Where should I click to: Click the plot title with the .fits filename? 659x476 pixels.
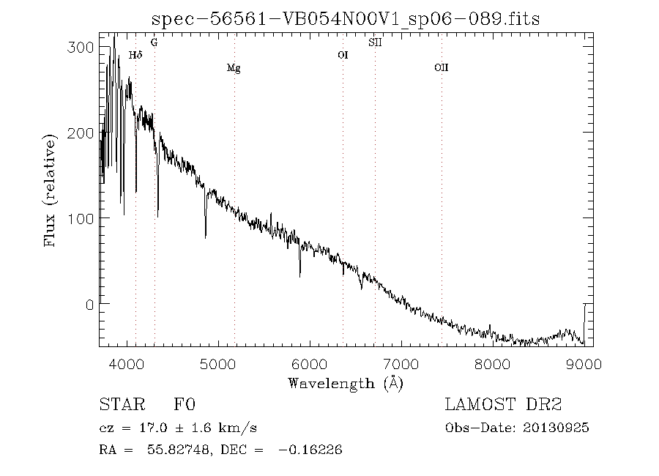click(x=346, y=18)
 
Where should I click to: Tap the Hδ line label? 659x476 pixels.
click(x=135, y=55)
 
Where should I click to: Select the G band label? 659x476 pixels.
click(x=154, y=42)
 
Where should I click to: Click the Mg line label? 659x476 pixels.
click(x=234, y=68)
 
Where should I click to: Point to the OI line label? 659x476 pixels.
click(x=343, y=55)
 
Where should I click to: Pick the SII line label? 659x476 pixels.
click(x=375, y=42)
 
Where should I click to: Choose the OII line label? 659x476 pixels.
click(x=442, y=67)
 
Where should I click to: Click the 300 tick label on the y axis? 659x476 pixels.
click(x=81, y=47)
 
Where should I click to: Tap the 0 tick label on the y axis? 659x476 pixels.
click(x=89, y=304)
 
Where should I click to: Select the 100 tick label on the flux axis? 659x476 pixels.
click(x=81, y=218)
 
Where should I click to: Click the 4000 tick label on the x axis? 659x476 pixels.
click(x=127, y=364)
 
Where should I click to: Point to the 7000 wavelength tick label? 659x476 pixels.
click(x=401, y=364)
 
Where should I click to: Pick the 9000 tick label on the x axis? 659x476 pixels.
click(x=584, y=364)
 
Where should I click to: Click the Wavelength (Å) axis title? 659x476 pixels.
click(x=346, y=384)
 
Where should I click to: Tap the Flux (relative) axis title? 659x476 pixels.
click(x=49, y=190)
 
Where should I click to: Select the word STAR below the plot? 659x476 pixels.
click(x=122, y=404)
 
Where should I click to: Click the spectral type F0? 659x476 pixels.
click(x=185, y=404)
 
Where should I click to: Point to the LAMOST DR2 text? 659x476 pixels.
click(x=504, y=404)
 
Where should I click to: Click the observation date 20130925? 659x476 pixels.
click(x=556, y=428)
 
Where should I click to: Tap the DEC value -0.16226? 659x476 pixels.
click(x=310, y=450)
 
